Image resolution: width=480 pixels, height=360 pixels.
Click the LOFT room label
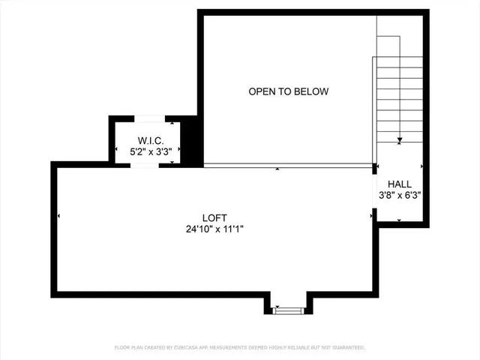tap(214, 217)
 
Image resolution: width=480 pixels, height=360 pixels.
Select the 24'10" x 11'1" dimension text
tap(214, 229)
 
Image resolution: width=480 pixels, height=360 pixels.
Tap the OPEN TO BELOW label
tap(289, 91)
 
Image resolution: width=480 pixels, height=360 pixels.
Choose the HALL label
tap(399, 184)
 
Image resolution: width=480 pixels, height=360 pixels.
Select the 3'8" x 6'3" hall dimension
tap(399, 195)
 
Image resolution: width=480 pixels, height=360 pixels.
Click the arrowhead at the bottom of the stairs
tap(400, 139)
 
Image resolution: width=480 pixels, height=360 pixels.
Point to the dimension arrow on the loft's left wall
tap(59, 216)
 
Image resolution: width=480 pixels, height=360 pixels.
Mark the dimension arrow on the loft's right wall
tap(371, 216)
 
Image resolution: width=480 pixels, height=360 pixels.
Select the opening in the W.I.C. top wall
tap(149, 118)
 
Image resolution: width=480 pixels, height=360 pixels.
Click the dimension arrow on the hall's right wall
tap(423, 166)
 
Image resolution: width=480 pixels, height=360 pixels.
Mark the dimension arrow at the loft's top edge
tap(278, 169)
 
